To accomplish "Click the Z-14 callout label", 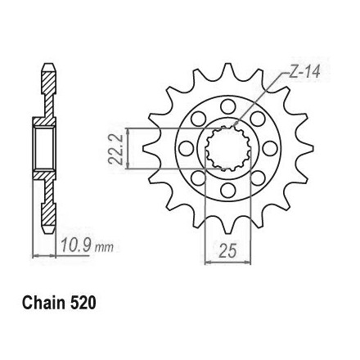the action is pos(304,72).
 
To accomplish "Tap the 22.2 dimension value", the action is pos(116,149).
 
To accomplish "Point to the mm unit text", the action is pos(105,247).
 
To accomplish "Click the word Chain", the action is pos(44,303).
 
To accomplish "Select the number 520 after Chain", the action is pos(83,303).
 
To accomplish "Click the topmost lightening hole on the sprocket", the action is pos(228,106).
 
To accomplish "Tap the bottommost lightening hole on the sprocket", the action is pos(228,190).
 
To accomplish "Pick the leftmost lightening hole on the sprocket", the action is pos(186,148).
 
